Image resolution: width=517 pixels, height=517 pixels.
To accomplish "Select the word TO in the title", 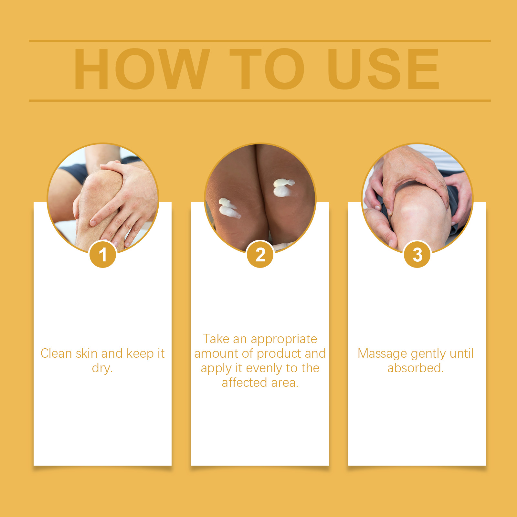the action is pyautogui.click(x=267, y=69).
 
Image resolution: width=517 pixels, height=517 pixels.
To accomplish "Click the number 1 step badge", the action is pyautogui.click(x=103, y=255).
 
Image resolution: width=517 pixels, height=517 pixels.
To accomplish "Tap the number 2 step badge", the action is pyautogui.click(x=260, y=255).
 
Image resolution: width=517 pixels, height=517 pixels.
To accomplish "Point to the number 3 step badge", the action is pyautogui.click(x=417, y=255).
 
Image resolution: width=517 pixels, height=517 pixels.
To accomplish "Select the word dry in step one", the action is pyautogui.click(x=102, y=368).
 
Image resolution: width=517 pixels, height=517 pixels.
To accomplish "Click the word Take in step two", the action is pyautogui.click(x=216, y=339).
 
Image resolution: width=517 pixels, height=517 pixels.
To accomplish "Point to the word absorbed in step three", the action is pyautogui.click(x=416, y=368).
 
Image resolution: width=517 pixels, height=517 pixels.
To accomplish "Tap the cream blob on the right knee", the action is pyautogui.click(x=283, y=188).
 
